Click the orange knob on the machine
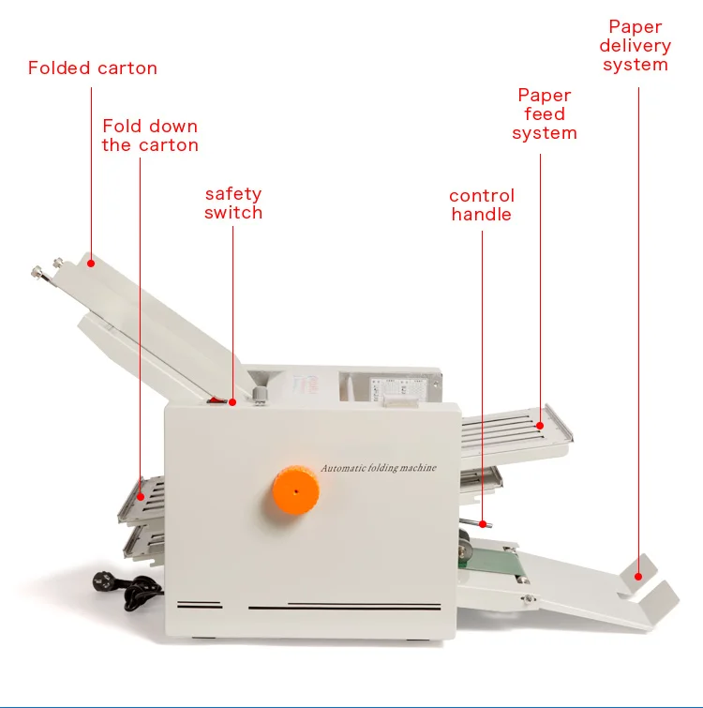[x=295, y=490]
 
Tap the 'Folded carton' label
[x=93, y=68]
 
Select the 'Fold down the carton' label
[x=150, y=136]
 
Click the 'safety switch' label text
[x=233, y=203]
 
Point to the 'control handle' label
[x=482, y=205]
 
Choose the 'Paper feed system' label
[x=545, y=114]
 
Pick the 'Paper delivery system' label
[x=636, y=46]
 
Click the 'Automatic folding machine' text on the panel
[x=379, y=468]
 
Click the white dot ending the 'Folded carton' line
[x=91, y=264]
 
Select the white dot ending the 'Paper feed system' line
[x=541, y=425]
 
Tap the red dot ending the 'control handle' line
[x=484, y=524]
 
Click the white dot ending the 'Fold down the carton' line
[x=141, y=493]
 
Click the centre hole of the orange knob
[x=295, y=490]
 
